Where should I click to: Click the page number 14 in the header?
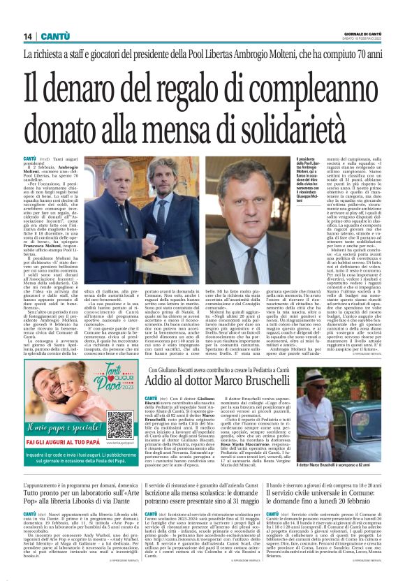click(27, 36)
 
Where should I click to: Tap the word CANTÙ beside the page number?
click(53, 36)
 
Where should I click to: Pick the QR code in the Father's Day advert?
click(120, 422)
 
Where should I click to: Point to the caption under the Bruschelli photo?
click(342, 464)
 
